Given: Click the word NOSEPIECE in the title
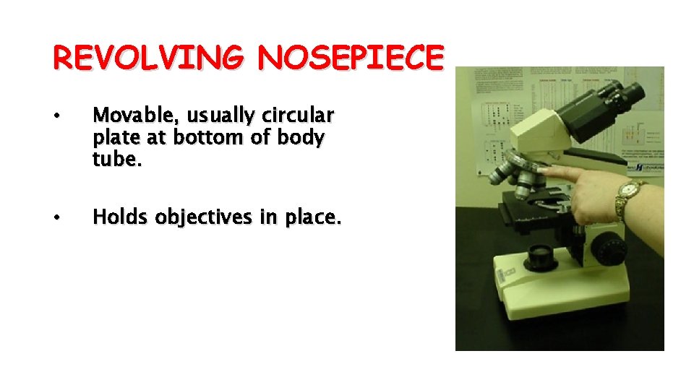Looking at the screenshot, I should click(348, 58).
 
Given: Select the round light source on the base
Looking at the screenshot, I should click(540, 255).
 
